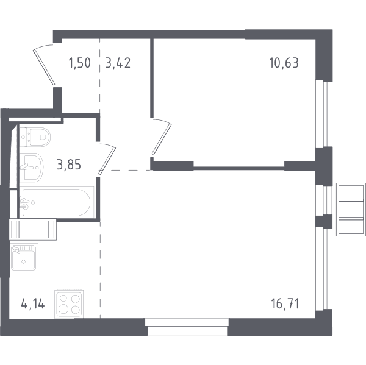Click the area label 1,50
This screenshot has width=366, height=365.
point(79,63)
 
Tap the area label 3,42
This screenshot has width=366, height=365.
point(118,63)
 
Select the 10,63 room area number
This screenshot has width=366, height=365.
point(284,63)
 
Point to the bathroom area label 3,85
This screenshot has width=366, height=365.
point(69,165)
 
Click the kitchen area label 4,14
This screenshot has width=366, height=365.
point(33,304)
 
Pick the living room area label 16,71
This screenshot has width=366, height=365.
point(285,304)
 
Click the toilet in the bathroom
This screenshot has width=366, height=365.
point(35,137)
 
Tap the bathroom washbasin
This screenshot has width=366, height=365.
point(31,168)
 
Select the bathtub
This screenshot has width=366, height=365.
point(57,202)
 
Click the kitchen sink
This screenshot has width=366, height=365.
point(24,258)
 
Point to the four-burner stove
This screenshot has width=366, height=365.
point(69,304)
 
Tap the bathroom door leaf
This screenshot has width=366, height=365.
point(107,161)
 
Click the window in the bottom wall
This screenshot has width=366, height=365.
point(187,327)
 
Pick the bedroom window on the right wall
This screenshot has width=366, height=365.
point(323,115)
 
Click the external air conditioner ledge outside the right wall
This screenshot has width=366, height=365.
point(349,210)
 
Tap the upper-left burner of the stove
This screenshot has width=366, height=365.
point(63,299)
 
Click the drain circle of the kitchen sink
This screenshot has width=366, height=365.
point(23,261)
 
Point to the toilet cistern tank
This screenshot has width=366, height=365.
point(24,137)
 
